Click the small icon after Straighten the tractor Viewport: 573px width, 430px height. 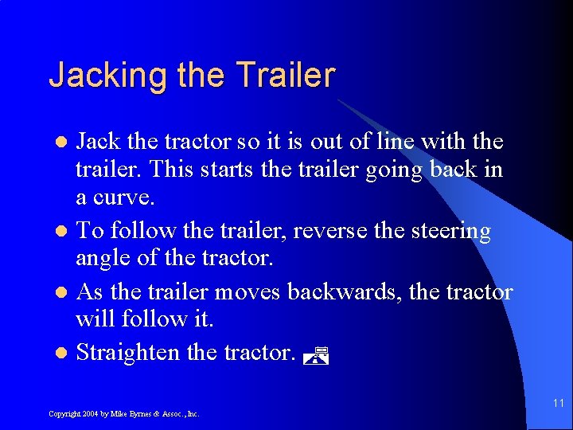(x=317, y=356)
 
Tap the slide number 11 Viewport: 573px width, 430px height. (x=557, y=405)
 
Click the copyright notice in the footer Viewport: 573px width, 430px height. (x=123, y=414)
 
